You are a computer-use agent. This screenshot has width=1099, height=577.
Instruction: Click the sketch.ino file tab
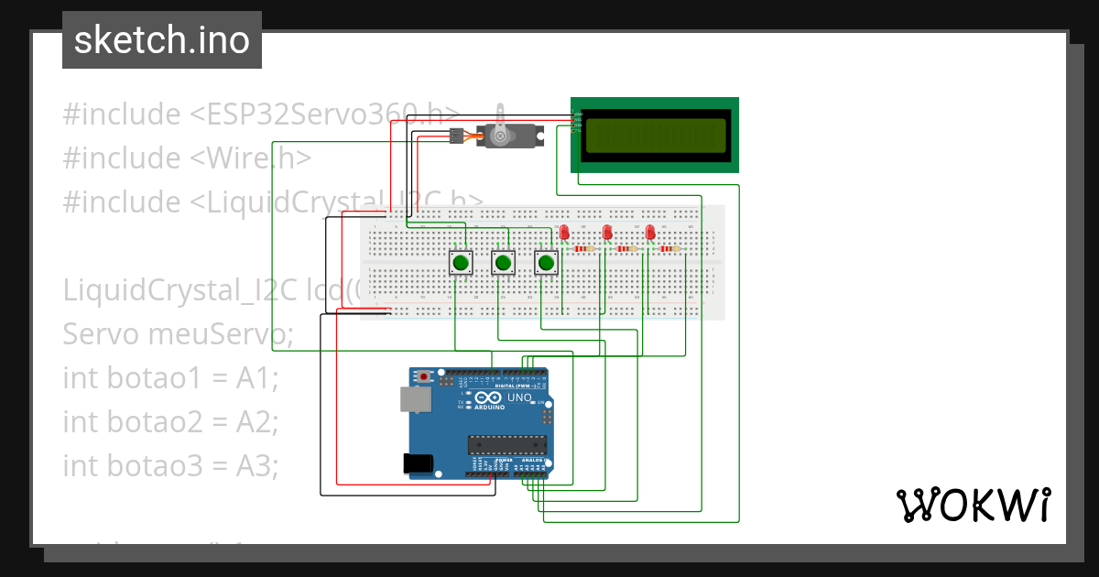coord(162,40)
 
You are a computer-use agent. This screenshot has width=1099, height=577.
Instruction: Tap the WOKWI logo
coord(972,505)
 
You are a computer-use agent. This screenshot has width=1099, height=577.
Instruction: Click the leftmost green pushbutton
coord(461,264)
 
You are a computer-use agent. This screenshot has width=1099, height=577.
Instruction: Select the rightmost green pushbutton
coord(547,264)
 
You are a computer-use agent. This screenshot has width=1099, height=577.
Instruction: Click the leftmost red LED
coord(564,233)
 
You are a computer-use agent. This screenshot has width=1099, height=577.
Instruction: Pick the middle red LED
coord(607,233)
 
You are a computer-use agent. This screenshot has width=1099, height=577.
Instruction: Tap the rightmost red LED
coord(650,233)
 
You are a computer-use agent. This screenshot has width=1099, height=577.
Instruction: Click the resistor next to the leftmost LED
coord(583,248)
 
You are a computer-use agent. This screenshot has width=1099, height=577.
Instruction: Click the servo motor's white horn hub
coord(500,136)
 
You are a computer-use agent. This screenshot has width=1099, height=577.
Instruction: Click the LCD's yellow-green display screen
coord(657,135)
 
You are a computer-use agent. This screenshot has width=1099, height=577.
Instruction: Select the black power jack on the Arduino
coord(419,464)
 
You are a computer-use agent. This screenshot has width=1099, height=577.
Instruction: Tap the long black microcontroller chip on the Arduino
coord(507,445)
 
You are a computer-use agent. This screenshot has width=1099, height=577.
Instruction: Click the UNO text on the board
coord(520,397)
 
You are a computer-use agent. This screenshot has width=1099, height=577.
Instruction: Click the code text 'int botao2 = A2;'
coord(169,421)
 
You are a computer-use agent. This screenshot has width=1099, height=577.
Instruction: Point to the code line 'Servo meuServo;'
coord(178,334)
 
